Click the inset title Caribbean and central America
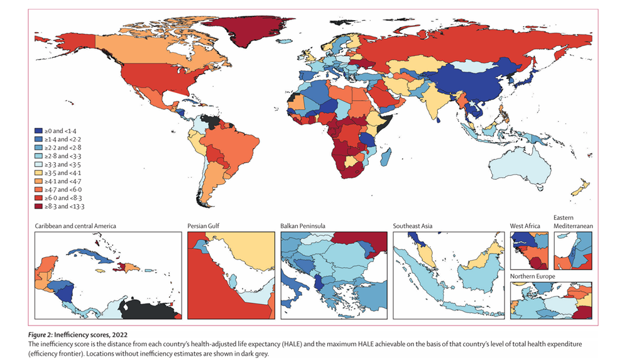(76, 226)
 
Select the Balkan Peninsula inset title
(308, 226)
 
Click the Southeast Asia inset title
(412, 226)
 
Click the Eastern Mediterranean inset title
(573, 222)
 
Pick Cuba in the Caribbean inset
(88, 253)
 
